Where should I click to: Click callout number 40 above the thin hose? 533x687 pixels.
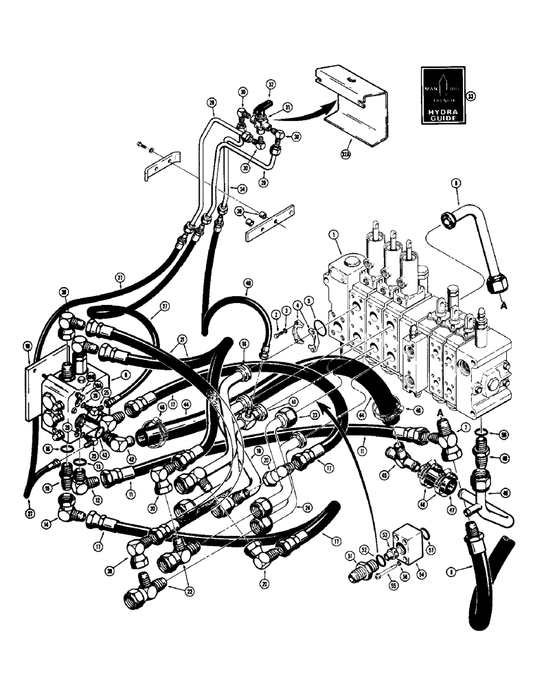(248, 282)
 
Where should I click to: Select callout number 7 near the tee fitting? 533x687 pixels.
(466, 429)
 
